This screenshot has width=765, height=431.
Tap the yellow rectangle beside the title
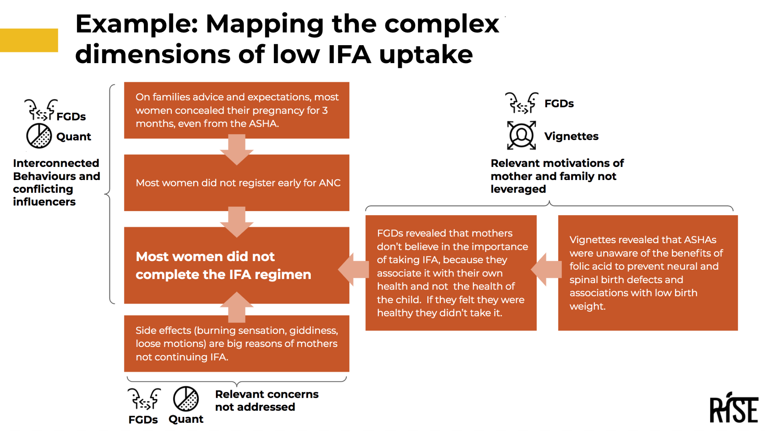pos(29,40)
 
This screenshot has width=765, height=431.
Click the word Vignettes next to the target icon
pos(571,136)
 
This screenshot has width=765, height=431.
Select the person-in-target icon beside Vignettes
pos(521,135)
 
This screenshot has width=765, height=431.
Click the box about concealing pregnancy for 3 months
pos(236,110)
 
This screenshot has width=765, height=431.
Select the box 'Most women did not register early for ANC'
pos(236,183)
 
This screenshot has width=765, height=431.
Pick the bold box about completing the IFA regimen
pos(236,265)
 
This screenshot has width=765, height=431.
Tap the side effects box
pos(236,343)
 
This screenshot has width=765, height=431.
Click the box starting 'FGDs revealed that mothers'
pos(451,273)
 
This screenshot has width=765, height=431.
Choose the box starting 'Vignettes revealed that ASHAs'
pos(648,273)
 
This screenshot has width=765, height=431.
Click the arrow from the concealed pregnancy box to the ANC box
pos(236,149)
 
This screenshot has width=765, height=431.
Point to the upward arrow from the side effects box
pos(236,307)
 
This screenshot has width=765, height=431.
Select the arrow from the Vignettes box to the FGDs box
pos(546,269)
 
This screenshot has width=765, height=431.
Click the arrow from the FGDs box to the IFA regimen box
pos(353,269)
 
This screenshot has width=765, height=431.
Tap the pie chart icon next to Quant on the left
pos(39,136)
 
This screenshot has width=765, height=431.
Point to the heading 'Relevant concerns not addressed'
pos(267,400)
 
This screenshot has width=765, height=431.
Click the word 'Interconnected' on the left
pos(56,163)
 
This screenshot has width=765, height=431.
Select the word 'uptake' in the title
pos(426,55)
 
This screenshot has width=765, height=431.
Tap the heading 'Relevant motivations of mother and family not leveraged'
pos(557,176)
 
